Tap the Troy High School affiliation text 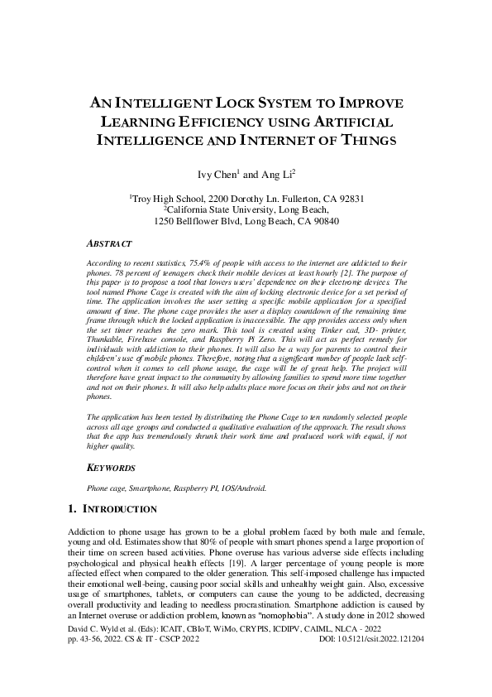click(165, 199)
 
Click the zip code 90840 click(322, 222)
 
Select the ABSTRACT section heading click(109, 244)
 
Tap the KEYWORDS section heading click(112, 469)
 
